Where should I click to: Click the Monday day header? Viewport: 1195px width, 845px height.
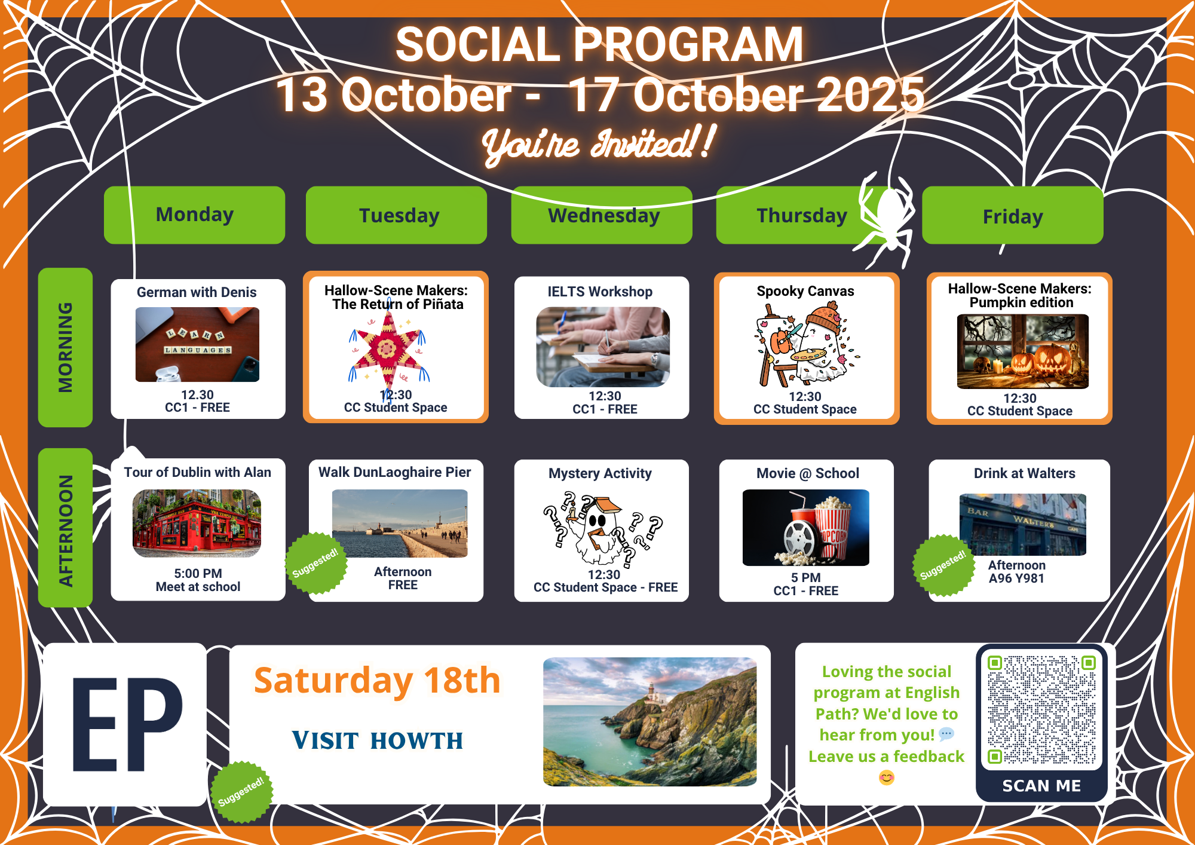[x=194, y=215]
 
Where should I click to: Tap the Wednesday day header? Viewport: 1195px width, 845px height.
[x=602, y=215]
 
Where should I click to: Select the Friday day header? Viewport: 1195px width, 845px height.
[x=1013, y=216]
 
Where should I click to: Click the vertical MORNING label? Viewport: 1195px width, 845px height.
[x=65, y=347]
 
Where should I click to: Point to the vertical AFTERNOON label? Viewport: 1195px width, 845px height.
[x=65, y=528]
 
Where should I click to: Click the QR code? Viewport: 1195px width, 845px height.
[x=1041, y=710]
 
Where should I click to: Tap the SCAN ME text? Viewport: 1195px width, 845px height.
[x=1041, y=786]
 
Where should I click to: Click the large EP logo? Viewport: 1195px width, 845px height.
[x=127, y=724]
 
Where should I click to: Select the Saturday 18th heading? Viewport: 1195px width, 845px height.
[x=377, y=680]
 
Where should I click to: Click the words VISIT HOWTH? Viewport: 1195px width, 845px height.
[x=378, y=740]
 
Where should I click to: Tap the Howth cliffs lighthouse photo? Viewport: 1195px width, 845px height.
[x=649, y=722]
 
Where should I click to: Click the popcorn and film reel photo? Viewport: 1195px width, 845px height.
[x=805, y=528]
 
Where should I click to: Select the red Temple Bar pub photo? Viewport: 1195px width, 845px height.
[x=197, y=523]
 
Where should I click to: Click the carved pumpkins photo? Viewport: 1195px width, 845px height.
[x=1022, y=351]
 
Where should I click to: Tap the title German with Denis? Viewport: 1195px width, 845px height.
[x=197, y=292]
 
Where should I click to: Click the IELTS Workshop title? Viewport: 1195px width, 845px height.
[x=600, y=292]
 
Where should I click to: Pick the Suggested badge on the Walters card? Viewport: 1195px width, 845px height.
[x=943, y=565]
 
